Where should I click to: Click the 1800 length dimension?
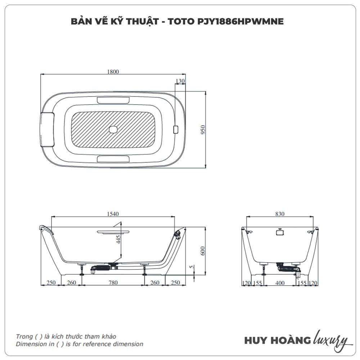point(113,72)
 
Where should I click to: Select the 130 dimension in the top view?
point(180,81)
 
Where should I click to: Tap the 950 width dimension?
point(203,130)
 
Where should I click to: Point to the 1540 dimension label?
point(113,214)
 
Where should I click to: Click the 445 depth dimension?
point(118,239)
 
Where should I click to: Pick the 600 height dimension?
point(203,251)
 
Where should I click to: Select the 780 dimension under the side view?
point(113,283)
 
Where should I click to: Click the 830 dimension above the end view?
point(280,214)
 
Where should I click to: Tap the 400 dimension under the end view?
point(280,283)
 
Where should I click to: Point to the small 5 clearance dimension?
point(192,267)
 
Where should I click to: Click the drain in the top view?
point(113,130)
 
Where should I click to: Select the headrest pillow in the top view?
point(47,130)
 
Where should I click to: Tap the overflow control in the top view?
point(176,130)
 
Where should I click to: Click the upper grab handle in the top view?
point(113,100)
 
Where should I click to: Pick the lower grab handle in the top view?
point(113,159)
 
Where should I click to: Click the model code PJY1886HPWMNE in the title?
point(240,21)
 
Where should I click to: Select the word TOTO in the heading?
point(181,21)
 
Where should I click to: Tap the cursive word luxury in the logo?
point(330,340)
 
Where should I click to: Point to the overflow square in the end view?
point(280,232)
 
